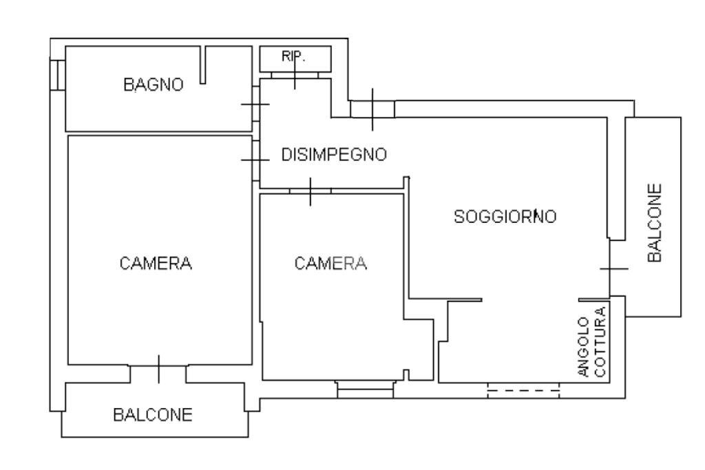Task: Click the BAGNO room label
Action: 154,85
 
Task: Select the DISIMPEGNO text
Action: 334,155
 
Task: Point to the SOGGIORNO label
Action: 505,217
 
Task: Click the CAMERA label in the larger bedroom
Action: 155,263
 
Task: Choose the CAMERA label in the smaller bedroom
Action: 330,263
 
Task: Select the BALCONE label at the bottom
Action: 153,415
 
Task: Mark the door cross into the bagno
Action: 255,104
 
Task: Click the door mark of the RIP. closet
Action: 295,74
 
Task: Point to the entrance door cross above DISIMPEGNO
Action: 372,109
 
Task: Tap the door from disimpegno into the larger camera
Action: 255,160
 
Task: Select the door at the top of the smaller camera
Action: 311,191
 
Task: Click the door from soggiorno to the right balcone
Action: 614,268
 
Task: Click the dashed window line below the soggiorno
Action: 523,390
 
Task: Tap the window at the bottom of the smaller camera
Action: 365,389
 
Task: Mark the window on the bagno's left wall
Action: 58,74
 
